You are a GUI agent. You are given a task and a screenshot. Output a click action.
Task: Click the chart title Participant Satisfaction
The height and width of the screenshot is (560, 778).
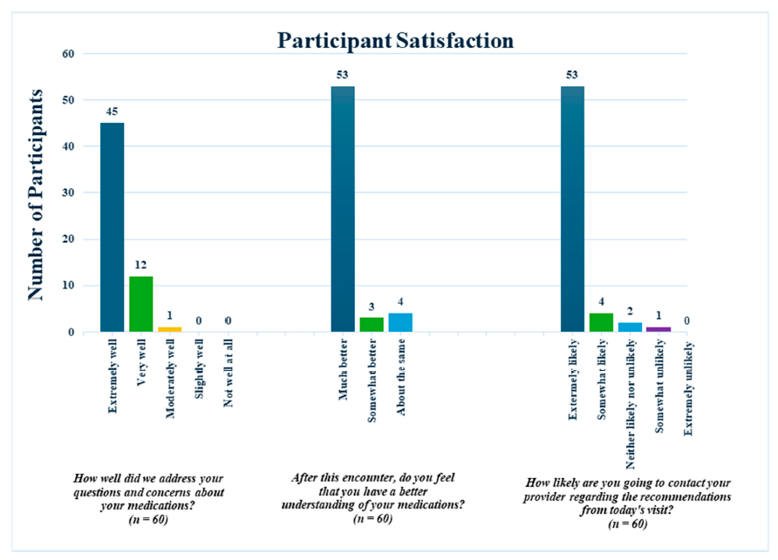point(395,40)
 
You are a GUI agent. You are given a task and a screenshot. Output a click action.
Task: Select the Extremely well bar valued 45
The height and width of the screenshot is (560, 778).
point(113,227)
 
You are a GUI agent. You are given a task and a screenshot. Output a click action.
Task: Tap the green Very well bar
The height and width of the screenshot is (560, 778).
point(141,304)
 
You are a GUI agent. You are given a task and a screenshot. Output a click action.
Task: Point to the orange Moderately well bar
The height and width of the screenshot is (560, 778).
point(169,329)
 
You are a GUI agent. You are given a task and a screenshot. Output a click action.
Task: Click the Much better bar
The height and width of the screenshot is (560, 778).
point(343,209)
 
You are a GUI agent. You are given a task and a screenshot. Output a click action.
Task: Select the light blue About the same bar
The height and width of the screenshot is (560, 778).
point(400,322)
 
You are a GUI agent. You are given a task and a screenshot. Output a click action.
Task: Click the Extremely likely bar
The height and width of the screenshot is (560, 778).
point(572,209)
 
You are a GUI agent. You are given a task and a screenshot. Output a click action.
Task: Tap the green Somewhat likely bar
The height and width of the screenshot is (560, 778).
point(601,322)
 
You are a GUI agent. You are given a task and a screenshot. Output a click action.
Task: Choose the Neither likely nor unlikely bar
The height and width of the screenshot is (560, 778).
point(630,327)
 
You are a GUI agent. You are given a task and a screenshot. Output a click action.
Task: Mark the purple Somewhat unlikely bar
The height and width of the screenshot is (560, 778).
point(659,329)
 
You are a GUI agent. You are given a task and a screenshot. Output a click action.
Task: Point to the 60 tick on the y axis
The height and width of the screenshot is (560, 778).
point(70,54)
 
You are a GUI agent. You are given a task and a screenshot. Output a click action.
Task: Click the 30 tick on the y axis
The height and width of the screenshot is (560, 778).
point(70,193)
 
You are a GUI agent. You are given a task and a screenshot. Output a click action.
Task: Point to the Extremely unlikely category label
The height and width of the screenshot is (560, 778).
point(687,388)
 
